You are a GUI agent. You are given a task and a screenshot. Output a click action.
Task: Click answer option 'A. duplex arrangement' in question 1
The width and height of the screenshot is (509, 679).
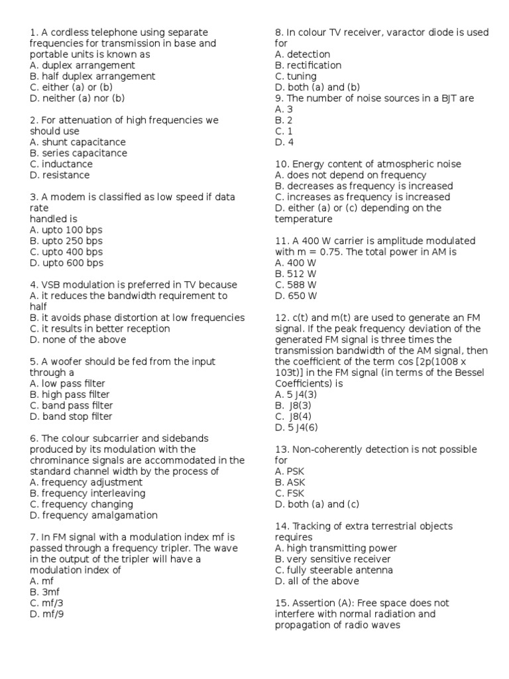(x=82, y=65)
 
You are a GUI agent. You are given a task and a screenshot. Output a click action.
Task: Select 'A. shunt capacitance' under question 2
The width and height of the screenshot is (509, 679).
(x=78, y=142)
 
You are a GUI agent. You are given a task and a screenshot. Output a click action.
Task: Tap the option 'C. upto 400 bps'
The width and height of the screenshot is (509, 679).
(x=66, y=252)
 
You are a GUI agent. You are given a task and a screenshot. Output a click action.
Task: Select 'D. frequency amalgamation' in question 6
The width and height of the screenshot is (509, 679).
(x=93, y=515)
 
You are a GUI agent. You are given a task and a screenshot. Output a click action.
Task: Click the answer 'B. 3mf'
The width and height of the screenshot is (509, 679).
(x=44, y=591)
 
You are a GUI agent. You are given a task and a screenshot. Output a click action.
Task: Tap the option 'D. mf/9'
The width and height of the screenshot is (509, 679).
(x=46, y=614)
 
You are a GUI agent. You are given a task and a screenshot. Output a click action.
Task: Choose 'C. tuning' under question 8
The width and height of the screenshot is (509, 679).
(x=296, y=76)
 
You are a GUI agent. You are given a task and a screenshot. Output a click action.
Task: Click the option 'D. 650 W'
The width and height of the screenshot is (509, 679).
(x=296, y=296)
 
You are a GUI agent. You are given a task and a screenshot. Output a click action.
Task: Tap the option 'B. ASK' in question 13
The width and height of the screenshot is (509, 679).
(x=290, y=482)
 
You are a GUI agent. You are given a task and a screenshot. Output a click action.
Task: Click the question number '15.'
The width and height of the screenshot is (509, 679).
(x=281, y=603)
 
